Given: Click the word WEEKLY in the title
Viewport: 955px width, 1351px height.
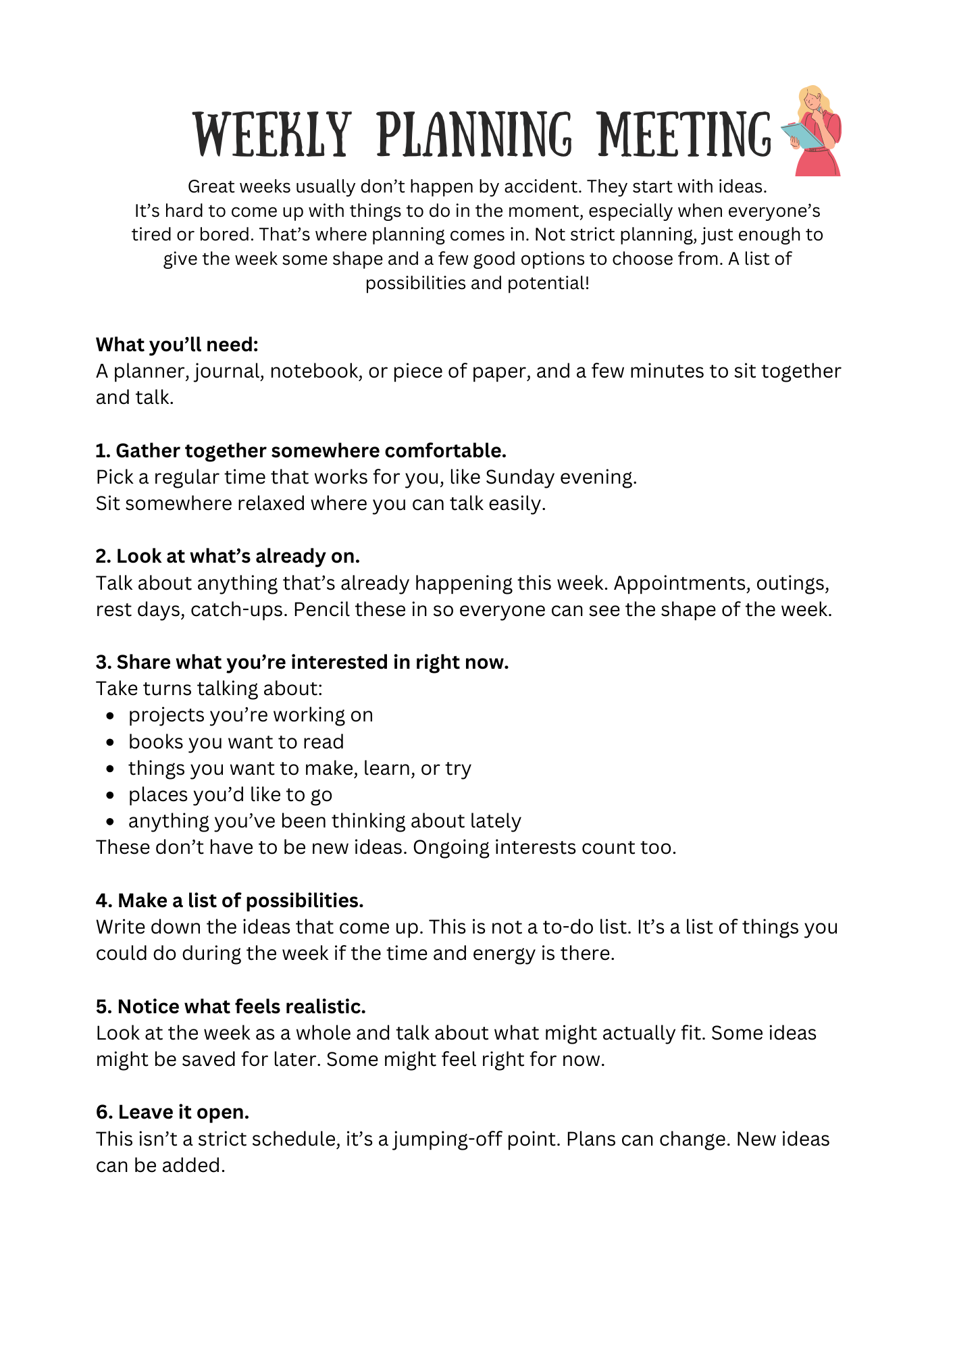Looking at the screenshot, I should pyautogui.click(x=273, y=135).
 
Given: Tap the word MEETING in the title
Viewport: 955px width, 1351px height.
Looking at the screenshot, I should pyautogui.click(x=684, y=135).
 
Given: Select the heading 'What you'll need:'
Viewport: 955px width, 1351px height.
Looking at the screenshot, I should pyautogui.click(x=177, y=345).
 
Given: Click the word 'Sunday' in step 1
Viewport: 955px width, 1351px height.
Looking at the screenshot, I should pyautogui.click(x=519, y=477).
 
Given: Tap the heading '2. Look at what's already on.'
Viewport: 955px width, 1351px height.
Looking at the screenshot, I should pyautogui.click(x=228, y=556).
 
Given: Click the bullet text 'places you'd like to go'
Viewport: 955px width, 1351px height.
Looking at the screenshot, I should pyautogui.click(x=230, y=794).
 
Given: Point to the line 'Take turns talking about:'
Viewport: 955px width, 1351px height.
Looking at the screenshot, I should pyautogui.click(x=209, y=688).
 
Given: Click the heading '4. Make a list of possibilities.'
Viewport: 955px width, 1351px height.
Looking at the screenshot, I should pyautogui.click(x=230, y=900).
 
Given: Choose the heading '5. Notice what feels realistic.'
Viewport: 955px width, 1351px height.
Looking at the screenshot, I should pyautogui.click(x=231, y=1006).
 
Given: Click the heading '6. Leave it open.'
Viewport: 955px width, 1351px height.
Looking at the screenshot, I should pyautogui.click(x=173, y=1112).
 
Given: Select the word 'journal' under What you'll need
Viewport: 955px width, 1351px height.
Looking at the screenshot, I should pyautogui.click(x=229, y=372).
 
